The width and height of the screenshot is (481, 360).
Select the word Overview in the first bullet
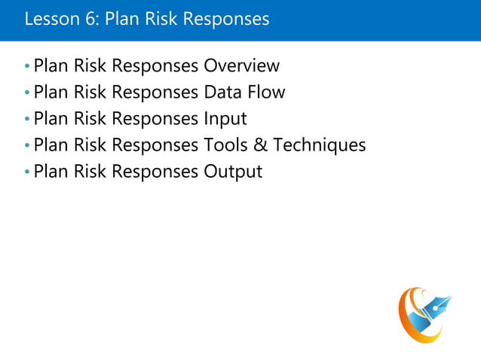(241, 66)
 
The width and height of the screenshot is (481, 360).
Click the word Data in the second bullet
(224, 93)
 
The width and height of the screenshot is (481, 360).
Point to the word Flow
(267, 93)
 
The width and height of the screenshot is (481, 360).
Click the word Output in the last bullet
(233, 172)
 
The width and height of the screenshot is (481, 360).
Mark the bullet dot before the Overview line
(28, 67)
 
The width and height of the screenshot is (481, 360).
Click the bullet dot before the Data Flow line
(28, 93)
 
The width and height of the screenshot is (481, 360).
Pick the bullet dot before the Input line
(28, 120)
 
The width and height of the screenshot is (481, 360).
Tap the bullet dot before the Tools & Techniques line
(28, 145)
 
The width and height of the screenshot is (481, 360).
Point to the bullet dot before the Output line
(28, 172)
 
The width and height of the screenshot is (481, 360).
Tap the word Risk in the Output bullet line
(90, 172)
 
